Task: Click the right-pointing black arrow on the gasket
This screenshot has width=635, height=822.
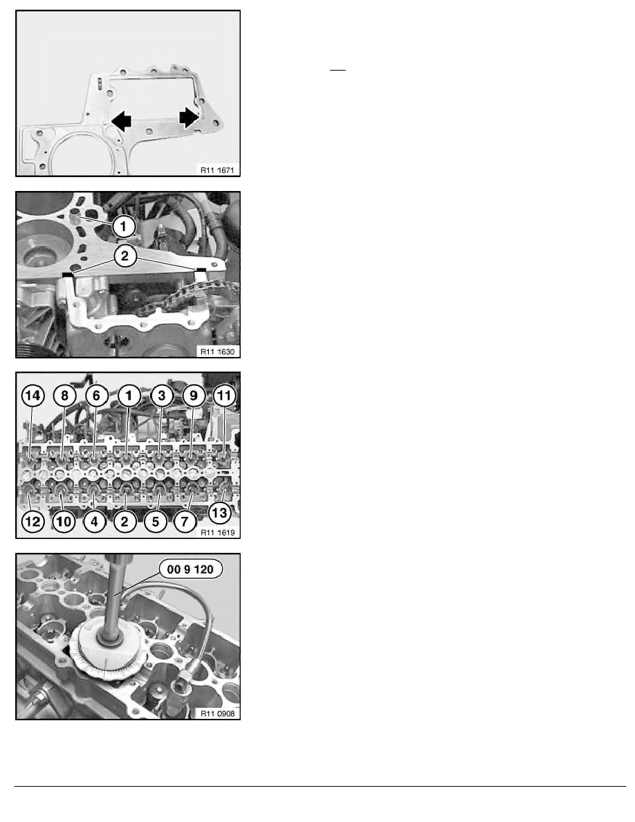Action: coord(189,118)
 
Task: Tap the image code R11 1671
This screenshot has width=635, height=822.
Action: coord(217,170)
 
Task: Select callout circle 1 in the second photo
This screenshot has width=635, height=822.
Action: coord(124,226)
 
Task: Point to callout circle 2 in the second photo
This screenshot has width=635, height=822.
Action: coord(125,256)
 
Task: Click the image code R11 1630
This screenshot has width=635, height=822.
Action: coord(217,351)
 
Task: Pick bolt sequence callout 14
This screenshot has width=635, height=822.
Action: coord(33,395)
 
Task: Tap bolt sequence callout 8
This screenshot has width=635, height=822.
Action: coord(64,395)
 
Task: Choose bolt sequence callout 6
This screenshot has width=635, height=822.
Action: coord(96,395)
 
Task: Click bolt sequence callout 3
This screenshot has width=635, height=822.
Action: coord(161,395)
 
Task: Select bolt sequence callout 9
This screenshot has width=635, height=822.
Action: coord(193,395)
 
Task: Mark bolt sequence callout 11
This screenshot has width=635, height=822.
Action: coord(224,395)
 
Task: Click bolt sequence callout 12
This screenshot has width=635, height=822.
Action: coord(33,522)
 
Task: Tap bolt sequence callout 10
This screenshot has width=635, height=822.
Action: coord(64,522)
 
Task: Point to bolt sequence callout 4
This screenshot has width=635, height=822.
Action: coord(94,522)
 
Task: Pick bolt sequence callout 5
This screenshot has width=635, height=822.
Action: coord(156,522)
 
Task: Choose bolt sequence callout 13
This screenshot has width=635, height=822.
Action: coord(219,512)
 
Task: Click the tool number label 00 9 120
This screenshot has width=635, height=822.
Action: coord(190,569)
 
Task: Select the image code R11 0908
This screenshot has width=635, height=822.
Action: coord(217,713)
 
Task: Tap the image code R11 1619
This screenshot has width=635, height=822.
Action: coord(217,532)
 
